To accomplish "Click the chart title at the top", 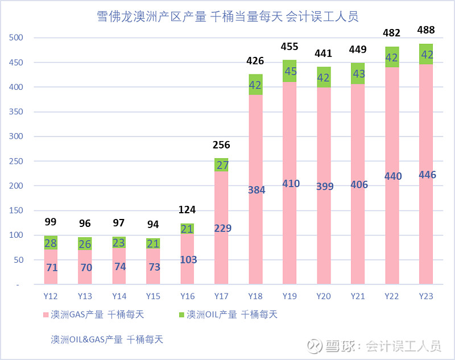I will click(227, 16).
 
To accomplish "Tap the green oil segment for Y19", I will click(289, 71).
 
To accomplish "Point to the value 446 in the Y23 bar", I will click(426, 175).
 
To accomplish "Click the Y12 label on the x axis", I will click(51, 296).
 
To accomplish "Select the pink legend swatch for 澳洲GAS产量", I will click(45, 314).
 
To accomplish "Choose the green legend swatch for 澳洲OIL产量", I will click(181, 314).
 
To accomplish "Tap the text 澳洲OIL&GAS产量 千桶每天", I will click(107, 339).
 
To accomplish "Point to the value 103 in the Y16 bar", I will click(187, 260).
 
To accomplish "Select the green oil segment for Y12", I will click(51, 242).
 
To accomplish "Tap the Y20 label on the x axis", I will click(324, 296).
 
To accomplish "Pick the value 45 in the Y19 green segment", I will click(289, 71).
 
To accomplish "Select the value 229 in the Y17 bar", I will click(221, 228).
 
